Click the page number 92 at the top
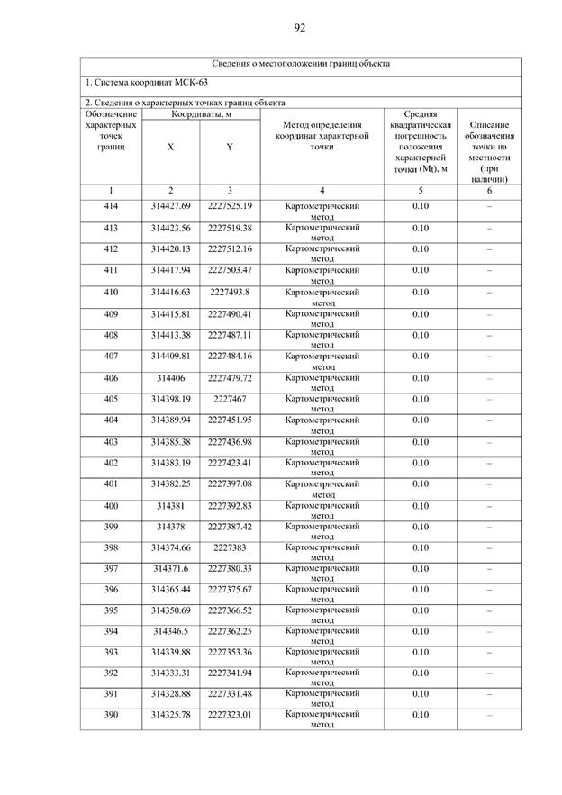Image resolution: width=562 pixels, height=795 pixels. coord(300,28)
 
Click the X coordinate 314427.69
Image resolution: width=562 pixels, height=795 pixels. coord(171,207)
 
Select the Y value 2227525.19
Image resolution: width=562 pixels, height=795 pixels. coord(230,207)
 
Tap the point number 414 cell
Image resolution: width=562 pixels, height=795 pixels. coord(111,207)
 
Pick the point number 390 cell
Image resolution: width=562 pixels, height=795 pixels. coord(111,715)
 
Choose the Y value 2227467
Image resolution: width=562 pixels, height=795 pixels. coord(230,399)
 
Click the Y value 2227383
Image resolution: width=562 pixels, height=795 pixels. coord(230,547)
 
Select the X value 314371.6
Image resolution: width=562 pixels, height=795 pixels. coord(171,568)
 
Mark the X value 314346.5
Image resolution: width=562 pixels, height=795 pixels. coord(171,632)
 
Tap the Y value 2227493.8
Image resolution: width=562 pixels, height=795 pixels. coord(230,292)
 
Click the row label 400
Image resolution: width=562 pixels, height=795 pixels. coord(111,505)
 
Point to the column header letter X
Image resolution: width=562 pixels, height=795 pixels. coord(171,147)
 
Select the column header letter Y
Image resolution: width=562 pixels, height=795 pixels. coord(230,147)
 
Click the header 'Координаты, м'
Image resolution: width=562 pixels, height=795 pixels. coord(200,114)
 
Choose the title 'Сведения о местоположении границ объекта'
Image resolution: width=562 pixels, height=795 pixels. coord(300,64)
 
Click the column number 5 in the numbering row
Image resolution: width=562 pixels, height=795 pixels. coord(420,190)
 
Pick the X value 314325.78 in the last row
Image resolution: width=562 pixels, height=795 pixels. coord(171,715)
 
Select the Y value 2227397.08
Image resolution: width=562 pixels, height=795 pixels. coord(230,483)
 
